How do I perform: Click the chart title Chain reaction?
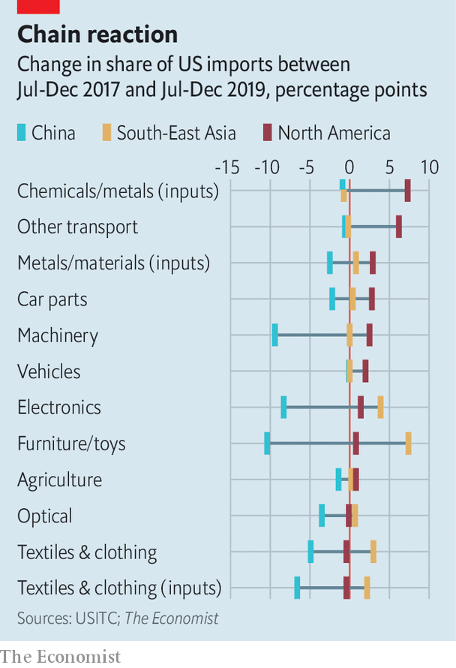point(97,35)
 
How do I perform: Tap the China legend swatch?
point(22,134)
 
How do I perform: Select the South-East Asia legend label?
point(176,134)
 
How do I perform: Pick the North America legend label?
point(334,134)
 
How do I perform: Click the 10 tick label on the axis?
point(429,167)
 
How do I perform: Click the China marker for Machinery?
point(275,335)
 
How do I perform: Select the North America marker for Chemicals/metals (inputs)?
point(407,191)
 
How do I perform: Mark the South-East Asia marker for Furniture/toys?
point(408,443)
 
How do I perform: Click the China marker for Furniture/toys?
point(267,443)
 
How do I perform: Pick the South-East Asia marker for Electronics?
point(380,407)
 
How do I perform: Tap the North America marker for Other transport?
point(399,227)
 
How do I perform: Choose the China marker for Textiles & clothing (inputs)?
point(297,588)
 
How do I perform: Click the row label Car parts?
point(52,299)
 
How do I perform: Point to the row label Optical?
point(45,516)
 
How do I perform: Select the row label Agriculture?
point(59,480)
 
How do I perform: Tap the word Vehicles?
point(49,372)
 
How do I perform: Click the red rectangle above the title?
point(37,7)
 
